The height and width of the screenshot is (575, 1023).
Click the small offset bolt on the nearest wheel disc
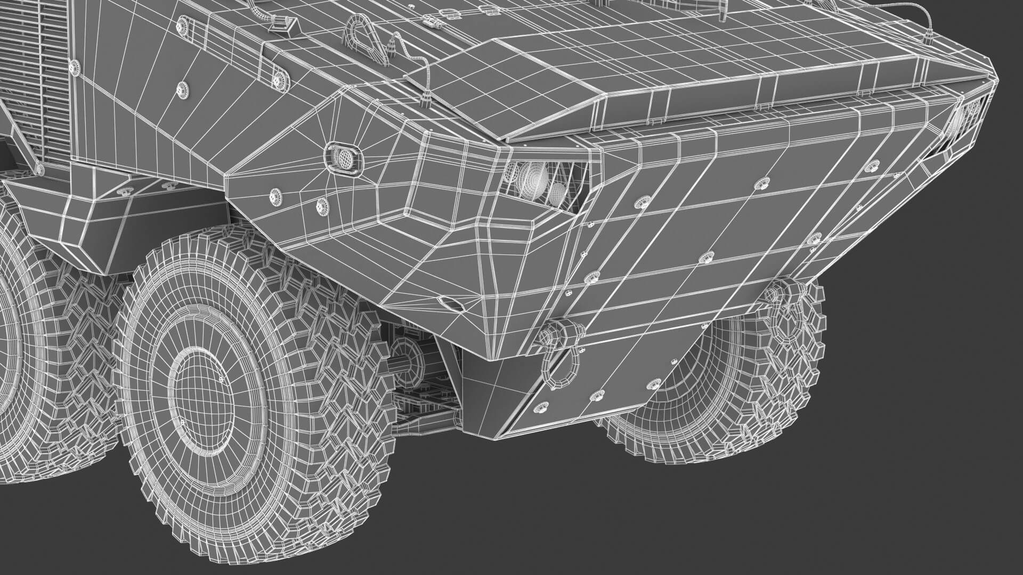click(x=220, y=379)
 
